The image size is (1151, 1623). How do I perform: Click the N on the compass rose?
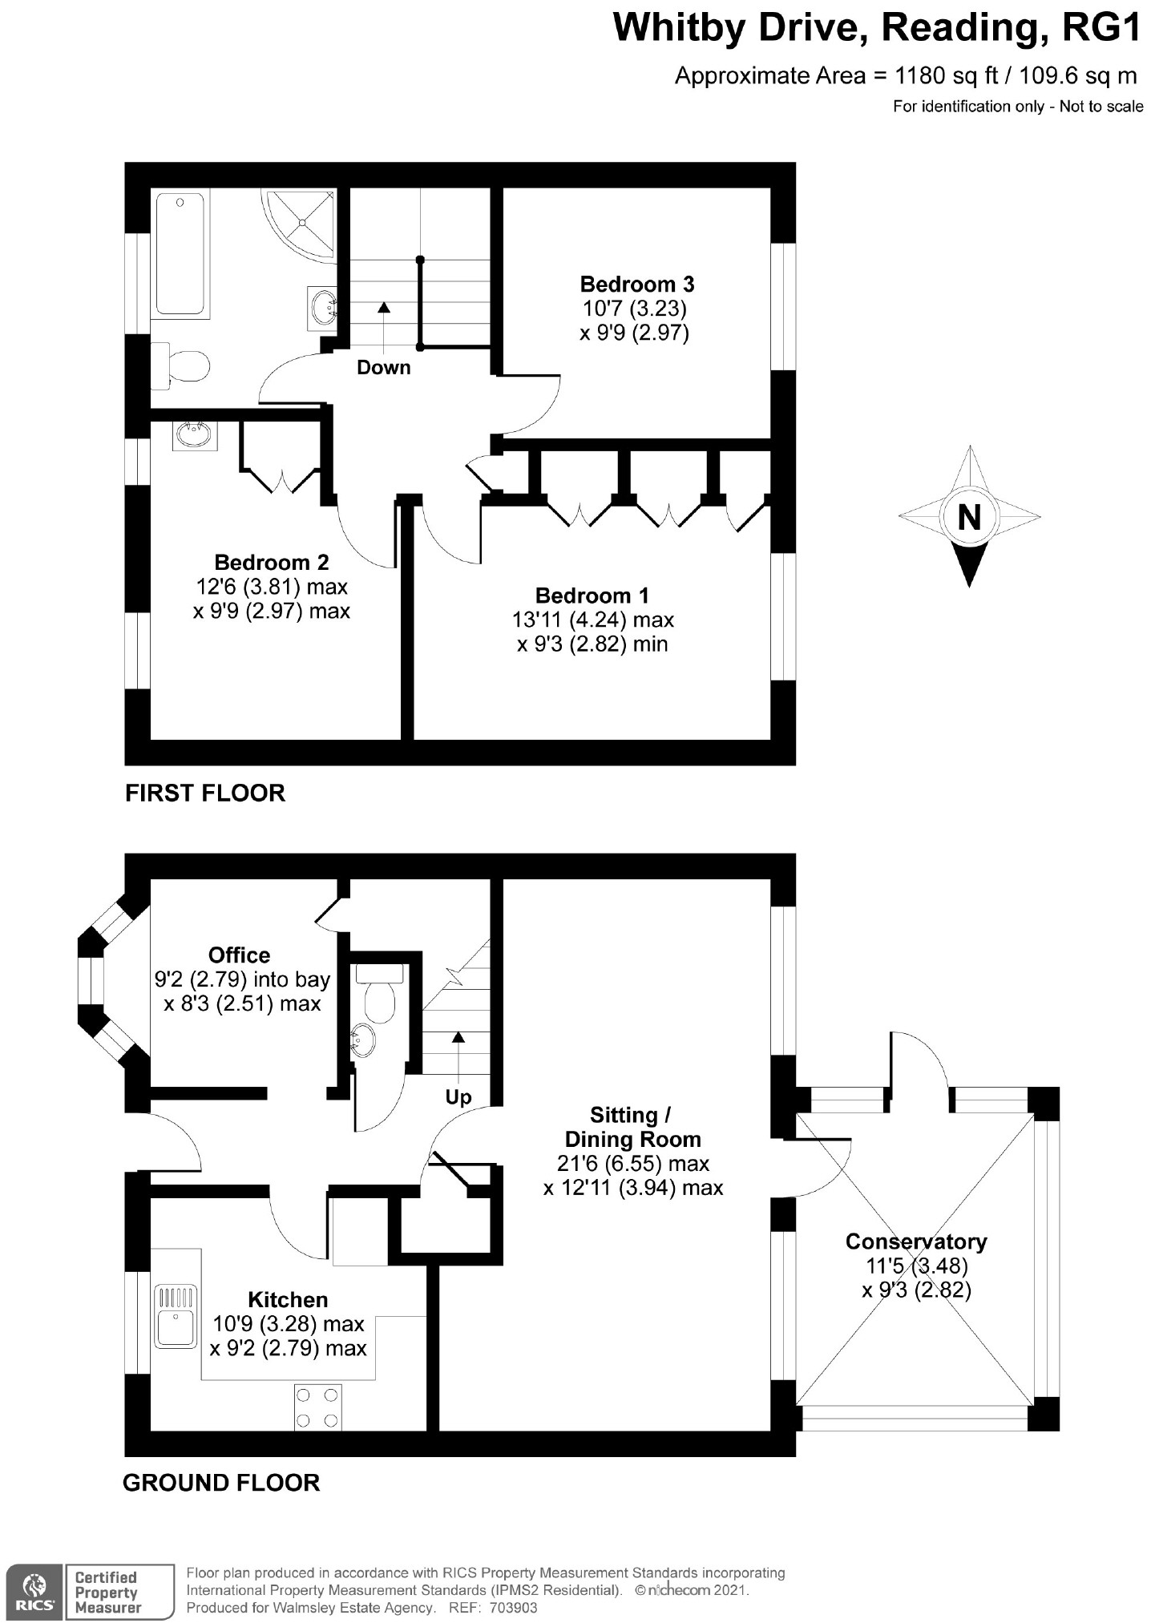click(969, 517)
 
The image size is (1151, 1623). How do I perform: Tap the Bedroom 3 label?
click(637, 285)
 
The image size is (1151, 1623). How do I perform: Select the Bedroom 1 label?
click(592, 596)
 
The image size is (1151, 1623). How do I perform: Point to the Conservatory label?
click(916, 1241)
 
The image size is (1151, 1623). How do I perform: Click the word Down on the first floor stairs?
click(383, 368)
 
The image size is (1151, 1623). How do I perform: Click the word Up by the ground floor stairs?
click(458, 1096)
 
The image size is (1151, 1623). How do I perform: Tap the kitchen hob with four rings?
click(317, 1407)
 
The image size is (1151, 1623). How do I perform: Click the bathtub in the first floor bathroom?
click(180, 254)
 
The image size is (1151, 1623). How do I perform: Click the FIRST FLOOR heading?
click(205, 793)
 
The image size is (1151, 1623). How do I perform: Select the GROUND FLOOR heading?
click(221, 1482)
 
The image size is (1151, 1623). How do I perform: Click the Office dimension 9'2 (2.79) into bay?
click(242, 979)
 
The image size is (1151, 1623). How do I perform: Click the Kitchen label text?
click(288, 1300)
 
